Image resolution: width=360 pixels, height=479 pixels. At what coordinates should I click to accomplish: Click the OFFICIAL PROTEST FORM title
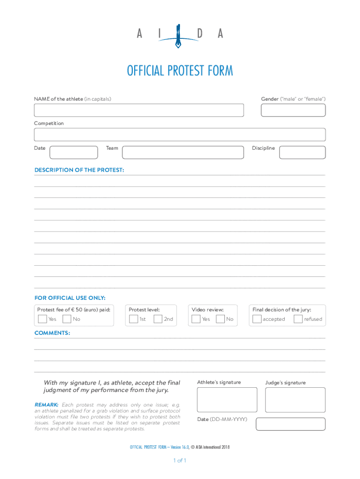(180, 71)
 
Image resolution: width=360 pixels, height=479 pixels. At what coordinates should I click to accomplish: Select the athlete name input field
(139, 110)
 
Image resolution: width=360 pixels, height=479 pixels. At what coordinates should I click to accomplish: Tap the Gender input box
(293, 110)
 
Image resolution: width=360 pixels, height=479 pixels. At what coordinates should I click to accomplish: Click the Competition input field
(180, 135)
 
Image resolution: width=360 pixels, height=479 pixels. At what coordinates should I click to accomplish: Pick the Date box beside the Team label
(73, 152)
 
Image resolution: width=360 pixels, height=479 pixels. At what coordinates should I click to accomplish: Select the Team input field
(183, 152)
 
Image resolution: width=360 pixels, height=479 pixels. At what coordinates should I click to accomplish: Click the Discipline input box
(302, 152)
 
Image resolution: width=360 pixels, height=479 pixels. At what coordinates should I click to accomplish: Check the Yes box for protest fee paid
(42, 319)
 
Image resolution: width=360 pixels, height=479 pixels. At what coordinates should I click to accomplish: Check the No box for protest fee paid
(67, 319)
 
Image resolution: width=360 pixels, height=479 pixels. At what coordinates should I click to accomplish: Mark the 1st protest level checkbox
(134, 319)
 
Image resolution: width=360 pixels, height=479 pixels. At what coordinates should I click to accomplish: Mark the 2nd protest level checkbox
(158, 319)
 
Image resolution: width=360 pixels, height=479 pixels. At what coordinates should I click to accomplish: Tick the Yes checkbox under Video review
(196, 319)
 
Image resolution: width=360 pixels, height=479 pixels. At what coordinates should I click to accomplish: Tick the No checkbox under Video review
(220, 319)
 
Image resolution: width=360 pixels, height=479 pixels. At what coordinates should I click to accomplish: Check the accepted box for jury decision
(257, 319)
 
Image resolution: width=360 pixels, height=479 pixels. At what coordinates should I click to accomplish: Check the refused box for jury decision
(298, 319)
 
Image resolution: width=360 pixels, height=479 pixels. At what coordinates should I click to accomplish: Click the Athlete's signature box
(227, 399)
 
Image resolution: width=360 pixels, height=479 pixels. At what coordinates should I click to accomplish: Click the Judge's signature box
(295, 399)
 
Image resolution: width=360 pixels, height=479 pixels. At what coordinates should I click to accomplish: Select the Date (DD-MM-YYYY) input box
(291, 424)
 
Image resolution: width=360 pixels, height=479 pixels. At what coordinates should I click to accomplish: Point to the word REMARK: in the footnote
(46, 405)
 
